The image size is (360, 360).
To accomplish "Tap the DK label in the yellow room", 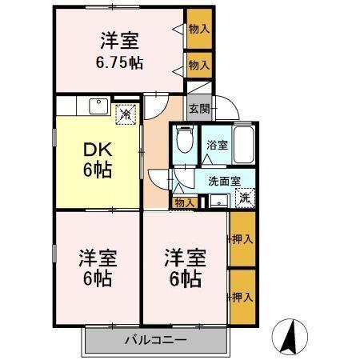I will click(x=95, y=149).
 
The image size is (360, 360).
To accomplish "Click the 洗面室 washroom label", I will click(x=224, y=181).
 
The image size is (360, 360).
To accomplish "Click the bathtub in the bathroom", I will click(x=242, y=143).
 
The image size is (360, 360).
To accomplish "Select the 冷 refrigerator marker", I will click(x=125, y=114).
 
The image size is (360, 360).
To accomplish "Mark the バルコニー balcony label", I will click(x=155, y=340).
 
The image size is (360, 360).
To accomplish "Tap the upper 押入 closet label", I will click(x=242, y=238).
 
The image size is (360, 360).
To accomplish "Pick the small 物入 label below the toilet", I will click(x=184, y=203).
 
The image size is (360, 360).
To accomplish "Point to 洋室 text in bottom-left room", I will click(x=98, y=259).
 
